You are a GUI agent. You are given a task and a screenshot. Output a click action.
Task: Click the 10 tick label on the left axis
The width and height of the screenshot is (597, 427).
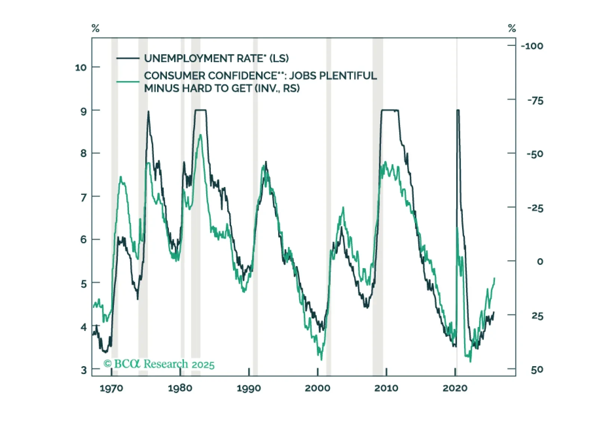click(x=81, y=68)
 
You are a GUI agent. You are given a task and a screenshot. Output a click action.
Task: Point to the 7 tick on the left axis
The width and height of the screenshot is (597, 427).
click(x=84, y=197)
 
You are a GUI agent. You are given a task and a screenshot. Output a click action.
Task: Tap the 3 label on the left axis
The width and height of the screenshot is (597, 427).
click(x=84, y=370)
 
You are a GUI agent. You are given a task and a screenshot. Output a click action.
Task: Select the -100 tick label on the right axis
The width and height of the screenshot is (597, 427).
click(x=532, y=46)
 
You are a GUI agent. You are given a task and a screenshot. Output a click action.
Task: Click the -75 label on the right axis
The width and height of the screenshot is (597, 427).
click(x=535, y=100)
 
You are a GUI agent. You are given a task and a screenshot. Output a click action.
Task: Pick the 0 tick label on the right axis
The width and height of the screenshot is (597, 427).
click(x=540, y=261)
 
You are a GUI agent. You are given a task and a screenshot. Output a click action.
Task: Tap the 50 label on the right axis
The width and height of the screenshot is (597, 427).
click(x=537, y=370)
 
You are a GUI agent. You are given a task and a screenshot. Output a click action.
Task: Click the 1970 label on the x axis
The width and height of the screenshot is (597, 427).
click(x=111, y=388)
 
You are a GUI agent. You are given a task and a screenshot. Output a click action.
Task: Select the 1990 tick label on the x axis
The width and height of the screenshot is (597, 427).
click(x=249, y=388)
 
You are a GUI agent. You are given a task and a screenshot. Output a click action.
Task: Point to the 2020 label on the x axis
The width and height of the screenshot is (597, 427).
click(x=455, y=388)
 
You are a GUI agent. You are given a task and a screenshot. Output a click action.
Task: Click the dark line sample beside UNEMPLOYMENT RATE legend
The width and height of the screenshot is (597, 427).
click(x=128, y=58)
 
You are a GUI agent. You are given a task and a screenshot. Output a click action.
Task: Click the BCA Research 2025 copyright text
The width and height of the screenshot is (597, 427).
click(x=159, y=364)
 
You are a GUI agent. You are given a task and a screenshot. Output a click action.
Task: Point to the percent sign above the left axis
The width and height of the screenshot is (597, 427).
click(x=96, y=28)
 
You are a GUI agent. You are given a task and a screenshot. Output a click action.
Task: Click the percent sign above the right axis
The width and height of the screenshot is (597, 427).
click(x=512, y=28)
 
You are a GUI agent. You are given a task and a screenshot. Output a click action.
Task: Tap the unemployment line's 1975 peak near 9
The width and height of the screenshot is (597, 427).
click(x=148, y=112)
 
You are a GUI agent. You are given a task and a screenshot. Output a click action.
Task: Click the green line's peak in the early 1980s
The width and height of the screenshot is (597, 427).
click(x=201, y=135)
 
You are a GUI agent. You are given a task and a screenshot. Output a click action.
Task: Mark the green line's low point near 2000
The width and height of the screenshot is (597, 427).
click(x=321, y=359)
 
